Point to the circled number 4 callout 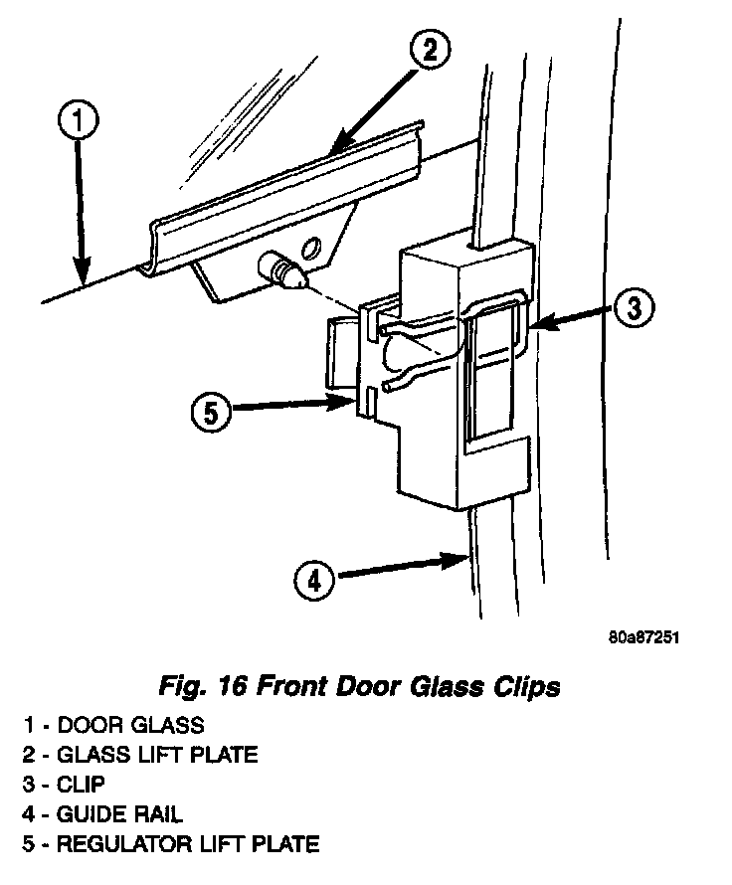[314, 579]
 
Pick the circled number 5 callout [212, 411]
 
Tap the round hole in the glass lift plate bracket [311, 246]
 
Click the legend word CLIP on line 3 [84, 785]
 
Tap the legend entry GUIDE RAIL [121, 814]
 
